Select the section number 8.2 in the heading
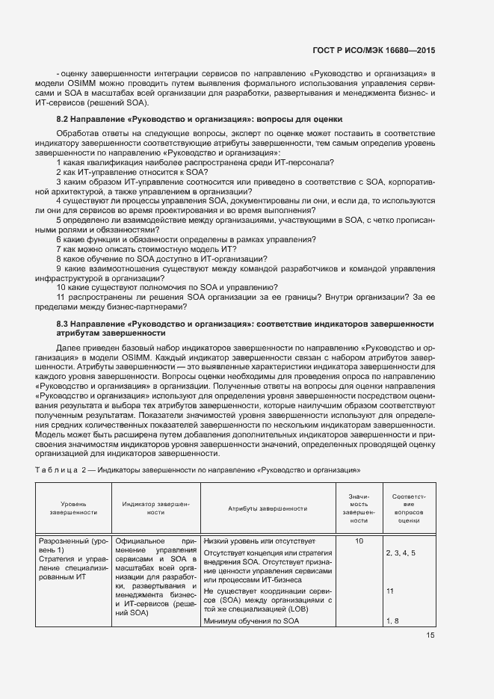pos(64,119)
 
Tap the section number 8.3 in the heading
pos(64,324)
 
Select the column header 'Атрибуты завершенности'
pos(267,508)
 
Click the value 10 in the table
pos(359,541)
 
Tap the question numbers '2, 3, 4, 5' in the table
pos(401,553)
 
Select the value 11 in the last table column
pos(390,591)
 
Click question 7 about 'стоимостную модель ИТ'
pos(149,248)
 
